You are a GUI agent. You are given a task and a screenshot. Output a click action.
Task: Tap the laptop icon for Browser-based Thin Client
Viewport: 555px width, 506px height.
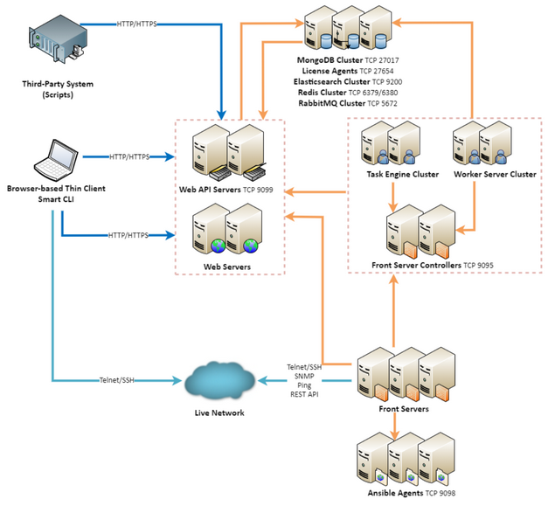click(x=51, y=158)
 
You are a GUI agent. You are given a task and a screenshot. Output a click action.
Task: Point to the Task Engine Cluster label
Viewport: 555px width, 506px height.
click(x=402, y=174)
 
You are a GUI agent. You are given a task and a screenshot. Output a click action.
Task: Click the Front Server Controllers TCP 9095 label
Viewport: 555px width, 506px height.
click(x=432, y=264)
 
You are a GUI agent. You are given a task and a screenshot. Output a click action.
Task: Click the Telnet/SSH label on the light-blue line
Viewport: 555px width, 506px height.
click(x=118, y=380)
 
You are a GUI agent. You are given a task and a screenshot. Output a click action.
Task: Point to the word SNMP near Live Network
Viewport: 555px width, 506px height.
click(x=305, y=376)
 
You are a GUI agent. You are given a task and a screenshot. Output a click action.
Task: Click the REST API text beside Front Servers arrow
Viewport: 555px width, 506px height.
click(x=305, y=394)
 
